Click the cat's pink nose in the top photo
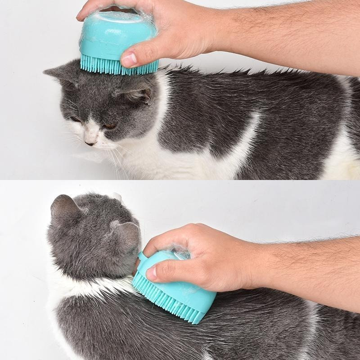pos(90,142)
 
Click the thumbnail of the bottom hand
pos(152,272)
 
